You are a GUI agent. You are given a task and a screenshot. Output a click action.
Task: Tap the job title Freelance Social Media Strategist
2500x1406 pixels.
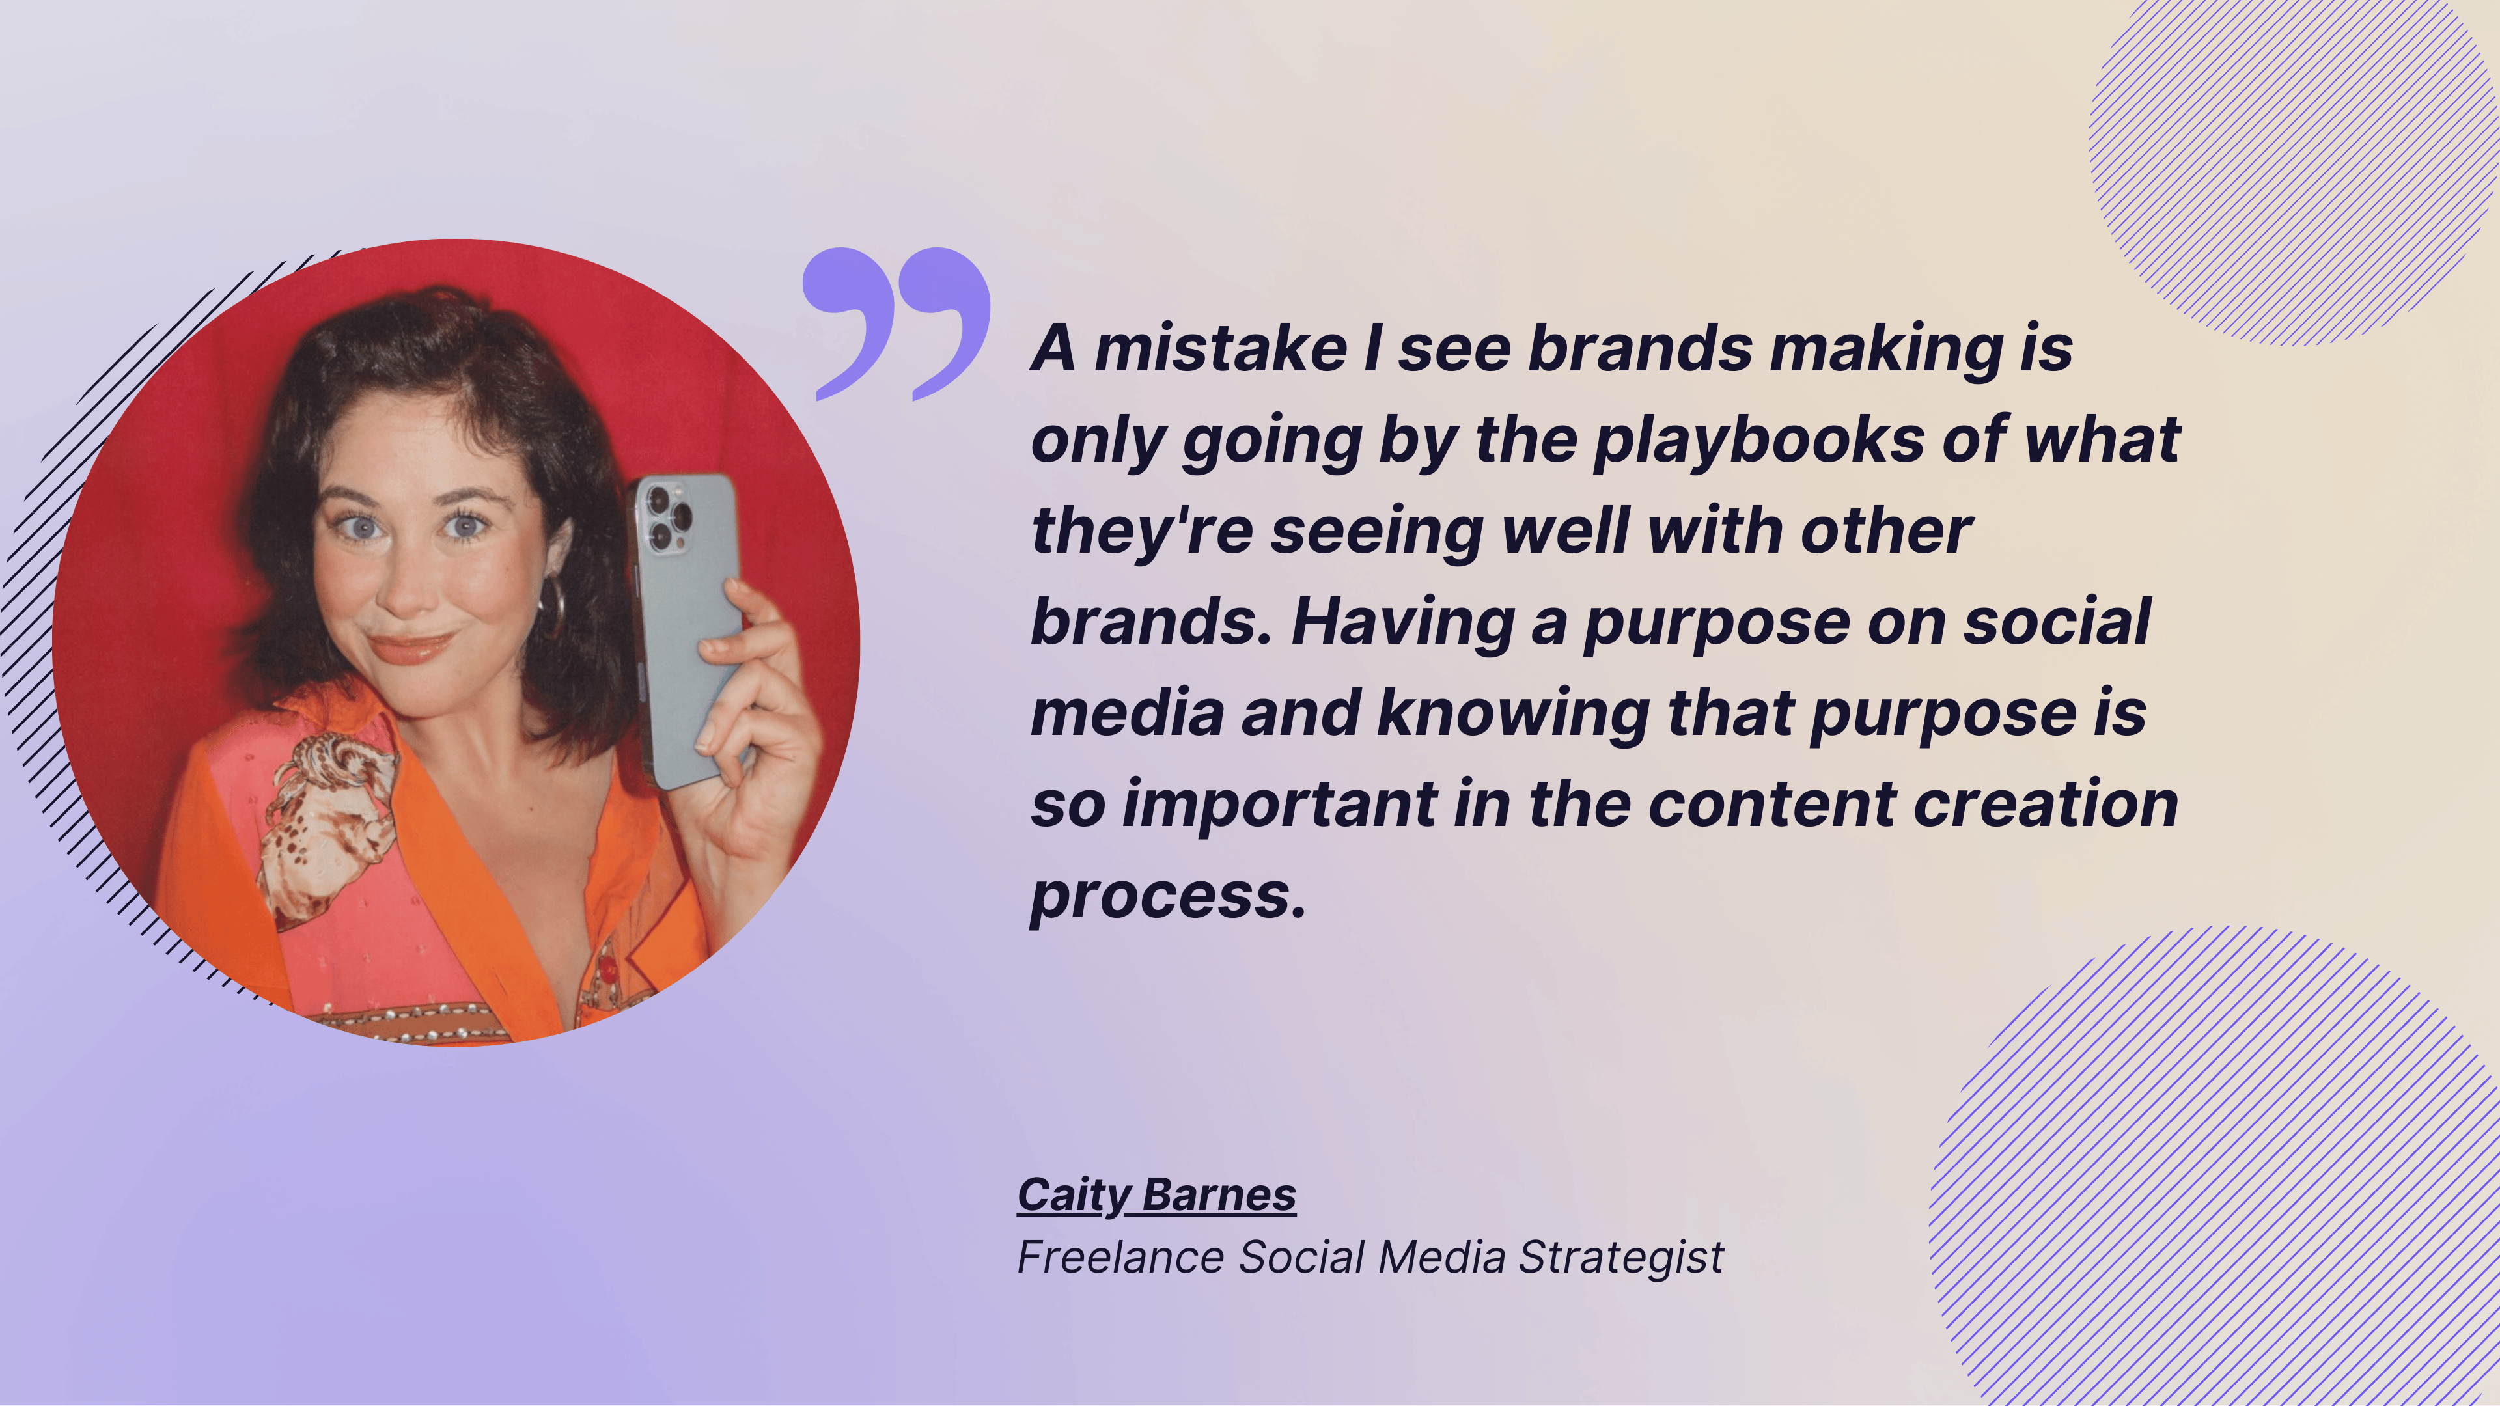click(x=1369, y=1258)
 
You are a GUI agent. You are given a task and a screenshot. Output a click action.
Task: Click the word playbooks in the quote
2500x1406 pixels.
click(x=1758, y=441)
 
